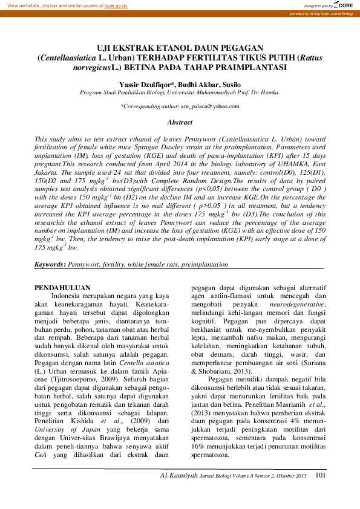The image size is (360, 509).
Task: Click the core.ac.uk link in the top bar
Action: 120,5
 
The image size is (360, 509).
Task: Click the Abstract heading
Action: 180,122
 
